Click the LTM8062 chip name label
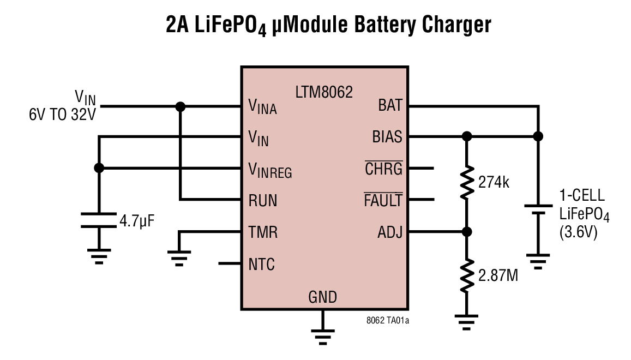(x=324, y=92)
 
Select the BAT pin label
(x=390, y=106)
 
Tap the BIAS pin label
(x=387, y=137)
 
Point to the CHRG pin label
(x=383, y=169)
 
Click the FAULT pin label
(x=383, y=201)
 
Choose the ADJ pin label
(x=390, y=233)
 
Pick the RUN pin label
(x=263, y=201)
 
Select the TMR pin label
(x=263, y=233)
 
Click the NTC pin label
(x=262, y=265)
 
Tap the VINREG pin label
(x=270, y=171)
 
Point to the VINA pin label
(x=262, y=106)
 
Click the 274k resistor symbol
(x=466, y=184)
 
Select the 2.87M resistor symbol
(x=466, y=276)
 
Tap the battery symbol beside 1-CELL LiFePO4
(x=538, y=210)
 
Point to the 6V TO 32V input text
(x=63, y=116)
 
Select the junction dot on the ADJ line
(x=466, y=232)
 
